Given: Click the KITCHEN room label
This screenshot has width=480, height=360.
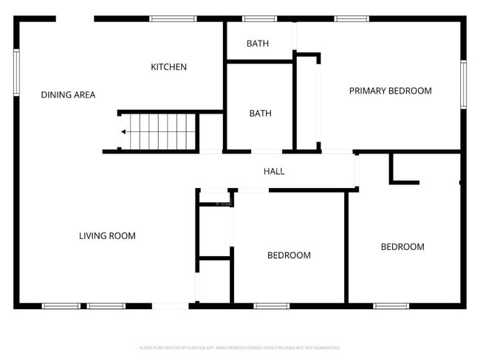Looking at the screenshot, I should [168, 67].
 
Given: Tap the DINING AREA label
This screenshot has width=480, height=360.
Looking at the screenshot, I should [68, 95].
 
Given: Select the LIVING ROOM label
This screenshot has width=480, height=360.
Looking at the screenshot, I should [107, 236].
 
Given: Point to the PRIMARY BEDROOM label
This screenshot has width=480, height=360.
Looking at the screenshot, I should [390, 91].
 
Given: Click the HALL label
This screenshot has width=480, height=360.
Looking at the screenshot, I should [274, 172].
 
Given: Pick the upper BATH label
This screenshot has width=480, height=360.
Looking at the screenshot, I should [258, 44].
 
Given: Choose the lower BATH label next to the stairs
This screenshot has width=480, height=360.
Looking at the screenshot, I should [260, 114].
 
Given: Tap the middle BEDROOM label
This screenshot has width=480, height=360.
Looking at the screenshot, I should [289, 255].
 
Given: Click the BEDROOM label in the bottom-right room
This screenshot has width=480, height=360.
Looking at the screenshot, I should [402, 247].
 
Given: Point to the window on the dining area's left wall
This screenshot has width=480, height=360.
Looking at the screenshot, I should [16, 72].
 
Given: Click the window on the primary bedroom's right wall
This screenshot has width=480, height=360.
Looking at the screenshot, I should [463, 84].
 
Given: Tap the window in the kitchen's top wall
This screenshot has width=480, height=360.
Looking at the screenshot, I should [173, 18].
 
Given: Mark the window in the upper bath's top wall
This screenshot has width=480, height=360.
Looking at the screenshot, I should [259, 18].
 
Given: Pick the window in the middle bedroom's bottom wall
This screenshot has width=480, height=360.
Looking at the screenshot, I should [272, 305].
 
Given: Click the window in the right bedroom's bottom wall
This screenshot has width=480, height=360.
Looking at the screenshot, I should [391, 305].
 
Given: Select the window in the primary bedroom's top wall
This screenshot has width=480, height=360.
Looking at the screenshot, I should [352, 18].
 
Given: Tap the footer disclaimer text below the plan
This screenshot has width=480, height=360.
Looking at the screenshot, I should [239, 347].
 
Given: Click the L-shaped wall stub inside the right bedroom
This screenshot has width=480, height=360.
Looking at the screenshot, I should [400, 175].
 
